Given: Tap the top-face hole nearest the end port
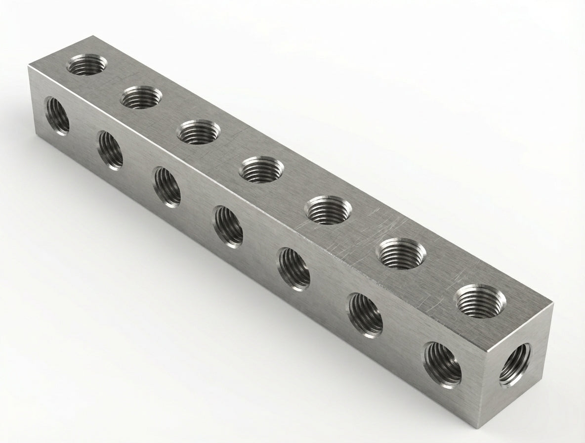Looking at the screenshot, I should tap(480, 300).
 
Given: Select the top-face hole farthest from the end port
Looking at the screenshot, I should tap(86, 65).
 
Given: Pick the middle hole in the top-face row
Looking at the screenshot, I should tap(261, 169).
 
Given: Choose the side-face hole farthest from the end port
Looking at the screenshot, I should tap(57, 115).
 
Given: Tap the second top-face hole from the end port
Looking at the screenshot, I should tap(401, 253).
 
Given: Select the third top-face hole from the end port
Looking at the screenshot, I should tap(329, 209).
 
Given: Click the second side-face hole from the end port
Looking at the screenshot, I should tap(365, 314).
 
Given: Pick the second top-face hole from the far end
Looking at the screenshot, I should tap(141, 97).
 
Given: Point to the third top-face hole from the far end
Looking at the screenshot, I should tap(198, 132).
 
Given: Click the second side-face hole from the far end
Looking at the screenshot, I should tap(110, 150).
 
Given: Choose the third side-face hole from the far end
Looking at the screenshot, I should tap(167, 186).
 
